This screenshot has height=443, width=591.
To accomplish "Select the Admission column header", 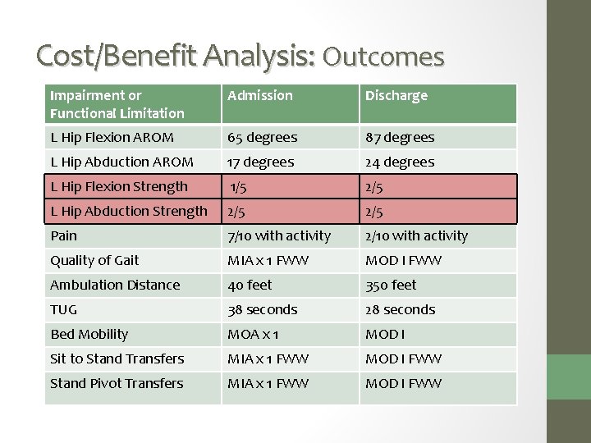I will pos(260,96).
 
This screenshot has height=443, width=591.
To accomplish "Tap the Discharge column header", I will pos(396,96).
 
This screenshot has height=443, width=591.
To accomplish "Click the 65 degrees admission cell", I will pos(263,137).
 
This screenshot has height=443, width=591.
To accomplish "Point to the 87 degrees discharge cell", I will pos(400,137).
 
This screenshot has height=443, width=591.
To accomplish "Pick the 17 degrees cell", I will pos(262,162).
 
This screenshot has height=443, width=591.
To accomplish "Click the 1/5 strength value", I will pos(238,186).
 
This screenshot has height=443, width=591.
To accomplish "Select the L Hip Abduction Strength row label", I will pos(129,211).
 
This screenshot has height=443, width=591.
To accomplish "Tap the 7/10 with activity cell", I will pos(279,235).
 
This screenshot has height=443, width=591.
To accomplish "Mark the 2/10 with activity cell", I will pos(416,235).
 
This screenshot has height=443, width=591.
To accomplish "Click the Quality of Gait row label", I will pos(94,260).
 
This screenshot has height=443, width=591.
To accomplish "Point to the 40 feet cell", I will pos(250,285).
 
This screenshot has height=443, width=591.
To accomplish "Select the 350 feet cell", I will pos(391,285).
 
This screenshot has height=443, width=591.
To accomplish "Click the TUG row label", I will pos(64,309).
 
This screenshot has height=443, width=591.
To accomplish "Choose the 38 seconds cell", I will pos(263,309).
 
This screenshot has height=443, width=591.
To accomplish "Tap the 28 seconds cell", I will pos(401,309).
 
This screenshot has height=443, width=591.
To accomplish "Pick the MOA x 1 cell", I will pos(253,334).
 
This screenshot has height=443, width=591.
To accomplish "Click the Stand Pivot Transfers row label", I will pos(117,383).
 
